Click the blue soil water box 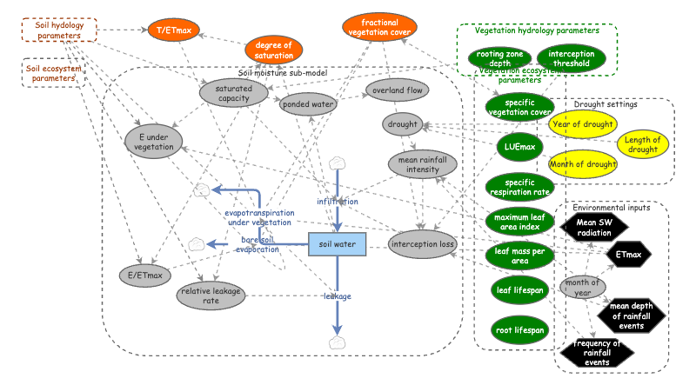coord(337,245)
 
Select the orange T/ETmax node coord(174,30)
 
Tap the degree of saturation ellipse coord(274,50)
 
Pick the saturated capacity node coord(233,92)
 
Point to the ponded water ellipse coord(305,105)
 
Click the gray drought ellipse coord(401,125)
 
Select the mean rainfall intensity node coord(422,164)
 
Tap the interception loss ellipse coord(423,244)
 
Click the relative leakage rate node coord(211,295)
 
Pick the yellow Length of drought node coord(643,145)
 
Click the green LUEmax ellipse coord(519,147)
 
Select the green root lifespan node coord(519,330)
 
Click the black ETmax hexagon coord(628,255)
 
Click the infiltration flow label coord(337,202)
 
